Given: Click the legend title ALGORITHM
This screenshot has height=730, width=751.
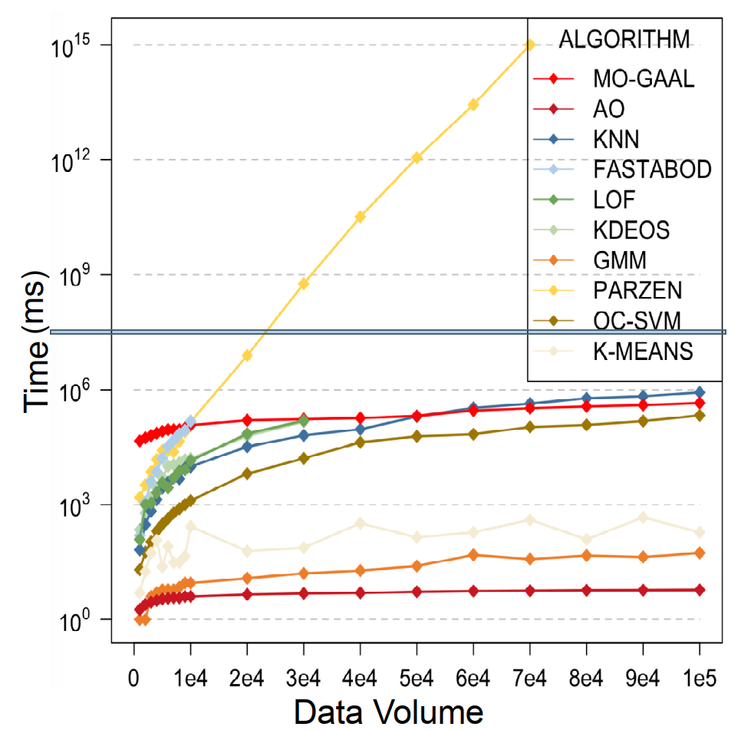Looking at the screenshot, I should tap(624, 38).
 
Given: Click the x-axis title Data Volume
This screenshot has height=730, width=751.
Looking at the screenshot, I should tap(389, 710).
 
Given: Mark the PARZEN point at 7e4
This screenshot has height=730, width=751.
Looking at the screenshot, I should tap(529, 45).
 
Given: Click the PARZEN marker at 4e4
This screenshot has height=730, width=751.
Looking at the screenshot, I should tap(360, 216).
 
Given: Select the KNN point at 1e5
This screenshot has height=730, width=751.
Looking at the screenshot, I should tap(700, 392).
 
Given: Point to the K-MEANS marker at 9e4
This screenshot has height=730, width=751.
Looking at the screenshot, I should tap(643, 517).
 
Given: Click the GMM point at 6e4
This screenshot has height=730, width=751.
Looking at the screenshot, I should tap(473, 554).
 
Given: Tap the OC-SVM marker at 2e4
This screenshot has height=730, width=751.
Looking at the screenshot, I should tap(247, 474).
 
